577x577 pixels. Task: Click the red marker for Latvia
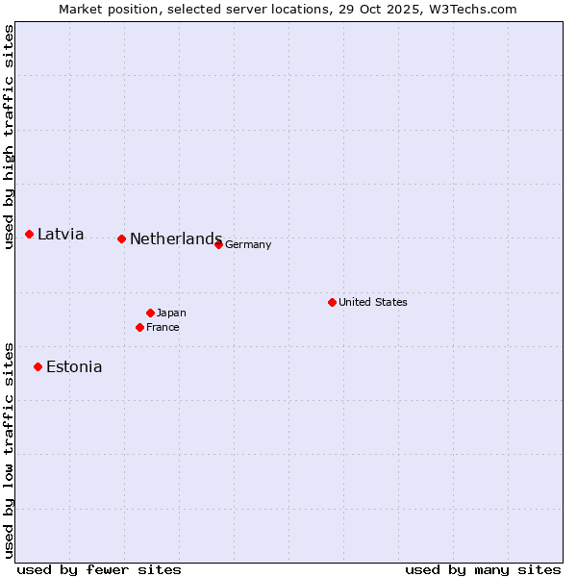pos(30,234)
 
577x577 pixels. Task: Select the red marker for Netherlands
pos(121,238)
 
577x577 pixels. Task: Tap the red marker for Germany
pos(219,244)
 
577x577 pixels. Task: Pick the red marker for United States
pos(333,302)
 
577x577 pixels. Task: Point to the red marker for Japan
pos(151,313)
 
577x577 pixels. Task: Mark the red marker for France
pos(140,327)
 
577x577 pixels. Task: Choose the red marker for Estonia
pos(38,366)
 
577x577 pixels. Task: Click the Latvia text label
pos(61,234)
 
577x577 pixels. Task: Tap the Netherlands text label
pos(175,238)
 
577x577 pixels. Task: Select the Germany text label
pos(248,244)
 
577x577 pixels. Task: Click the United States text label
pos(373,302)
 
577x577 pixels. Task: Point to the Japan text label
pos(171,313)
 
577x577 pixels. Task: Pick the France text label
pos(163,327)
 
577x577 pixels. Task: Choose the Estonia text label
pos(74,366)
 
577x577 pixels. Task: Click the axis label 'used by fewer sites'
pos(99,569)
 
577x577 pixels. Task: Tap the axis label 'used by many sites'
pos(483,569)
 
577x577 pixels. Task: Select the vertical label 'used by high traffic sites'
pos(9,138)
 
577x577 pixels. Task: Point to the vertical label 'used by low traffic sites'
pos(9,449)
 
